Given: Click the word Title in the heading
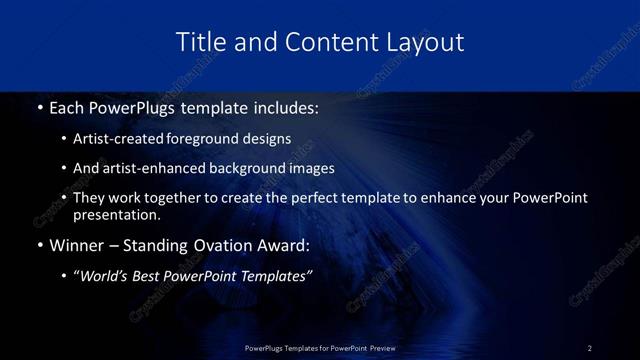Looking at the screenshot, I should [x=199, y=42].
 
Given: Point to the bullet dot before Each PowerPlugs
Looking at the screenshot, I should [x=39, y=107].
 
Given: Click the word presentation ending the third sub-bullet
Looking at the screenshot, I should [x=116, y=215].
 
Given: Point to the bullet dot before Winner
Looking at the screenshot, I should [x=39, y=246].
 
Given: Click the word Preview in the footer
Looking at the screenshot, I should [x=381, y=348].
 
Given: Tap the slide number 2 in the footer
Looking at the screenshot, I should [x=590, y=348].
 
